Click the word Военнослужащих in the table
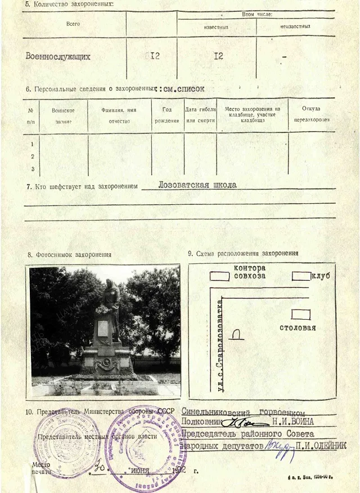click(x=58, y=56)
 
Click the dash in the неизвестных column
click(x=284, y=57)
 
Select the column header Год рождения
click(x=167, y=115)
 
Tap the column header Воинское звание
click(x=63, y=115)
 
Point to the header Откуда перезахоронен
click(x=311, y=114)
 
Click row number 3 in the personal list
click(x=33, y=169)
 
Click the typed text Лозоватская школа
click(x=197, y=185)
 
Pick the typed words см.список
click(x=183, y=88)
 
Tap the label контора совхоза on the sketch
click(x=249, y=272)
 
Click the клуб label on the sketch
click(x=320, y=276)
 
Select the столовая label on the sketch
click(x=298, y=328)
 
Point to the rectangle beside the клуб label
click(x=301, y=276)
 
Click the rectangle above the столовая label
click(x=300, y=314)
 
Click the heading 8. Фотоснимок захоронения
click(x=70, y=254)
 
